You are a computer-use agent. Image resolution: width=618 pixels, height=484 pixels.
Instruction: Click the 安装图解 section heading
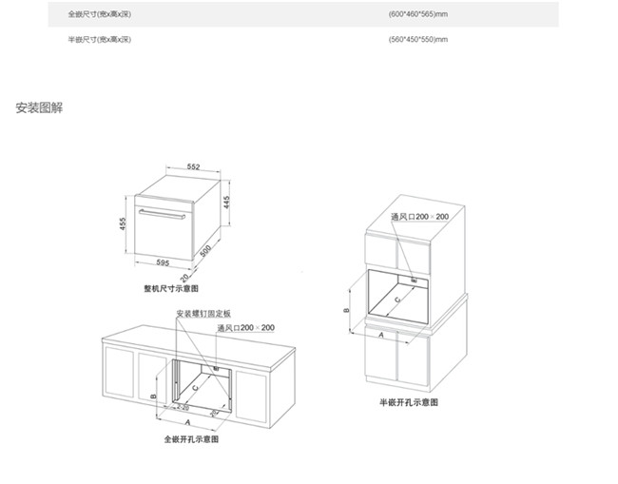(39, 108)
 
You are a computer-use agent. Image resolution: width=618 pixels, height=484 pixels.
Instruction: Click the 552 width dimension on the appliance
(192, 166)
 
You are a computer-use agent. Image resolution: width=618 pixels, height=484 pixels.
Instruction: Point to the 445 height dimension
(228, 203)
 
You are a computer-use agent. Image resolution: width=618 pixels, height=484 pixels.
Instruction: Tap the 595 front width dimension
(164, 263)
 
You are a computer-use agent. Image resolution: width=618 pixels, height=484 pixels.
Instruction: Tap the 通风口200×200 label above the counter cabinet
(245, 328)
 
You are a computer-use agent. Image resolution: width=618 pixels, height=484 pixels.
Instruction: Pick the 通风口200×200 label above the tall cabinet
(419, 218)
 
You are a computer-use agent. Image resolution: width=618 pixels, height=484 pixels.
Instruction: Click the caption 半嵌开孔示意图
(409, 403)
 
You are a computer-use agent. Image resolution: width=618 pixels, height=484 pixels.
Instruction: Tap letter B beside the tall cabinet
(347, 310)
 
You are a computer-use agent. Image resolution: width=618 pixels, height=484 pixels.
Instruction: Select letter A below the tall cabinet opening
(381, 336)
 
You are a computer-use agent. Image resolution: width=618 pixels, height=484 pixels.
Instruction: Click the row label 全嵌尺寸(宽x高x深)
(99, 15)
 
